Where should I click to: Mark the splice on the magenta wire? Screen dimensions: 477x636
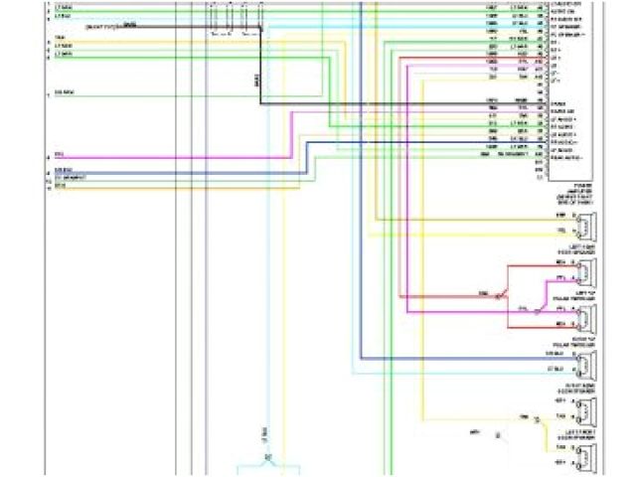(x=537, y=310)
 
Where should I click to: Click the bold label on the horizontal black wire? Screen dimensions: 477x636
(x=130, y=22)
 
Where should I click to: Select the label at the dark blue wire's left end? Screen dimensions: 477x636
(x=62, y=170)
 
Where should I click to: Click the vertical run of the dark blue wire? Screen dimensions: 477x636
(x=361, y=258)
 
